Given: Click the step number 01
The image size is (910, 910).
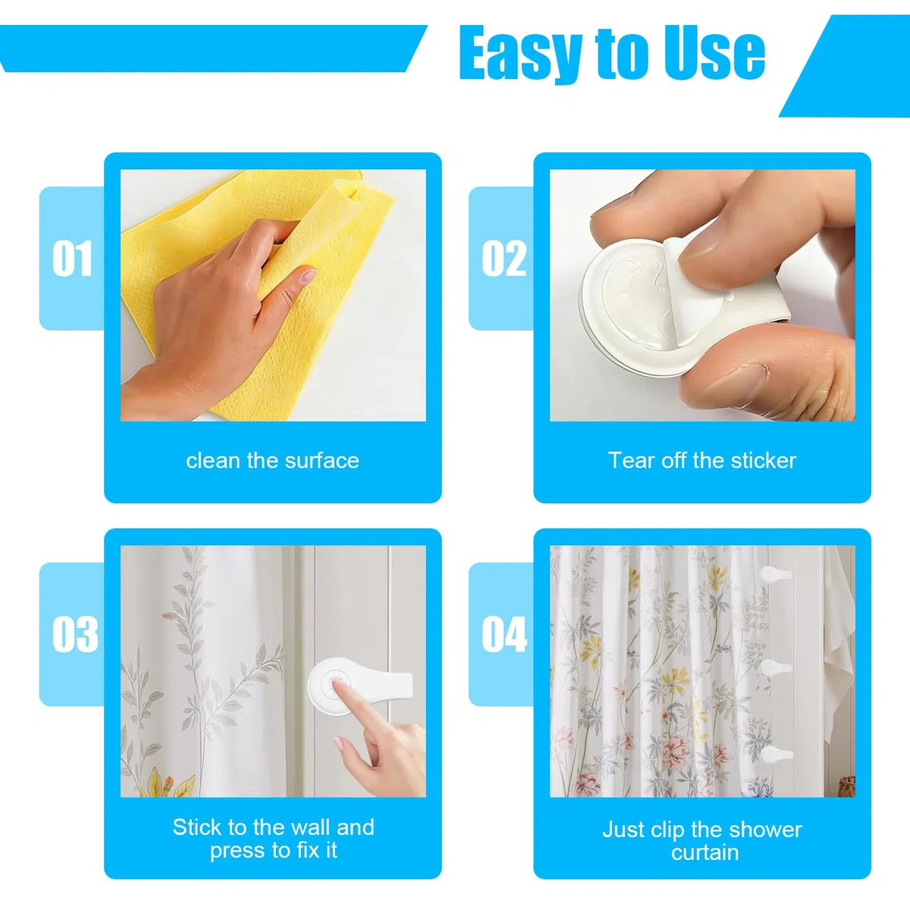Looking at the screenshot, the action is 72,259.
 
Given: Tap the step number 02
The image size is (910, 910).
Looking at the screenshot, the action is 504,259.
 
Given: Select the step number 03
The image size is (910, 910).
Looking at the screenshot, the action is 75,634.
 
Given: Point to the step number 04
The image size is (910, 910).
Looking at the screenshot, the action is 504,634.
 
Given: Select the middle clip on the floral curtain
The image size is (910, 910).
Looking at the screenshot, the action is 775,668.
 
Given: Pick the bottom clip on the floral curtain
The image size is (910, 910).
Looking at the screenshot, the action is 776,754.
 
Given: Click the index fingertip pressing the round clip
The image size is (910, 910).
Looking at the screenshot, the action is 338,684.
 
